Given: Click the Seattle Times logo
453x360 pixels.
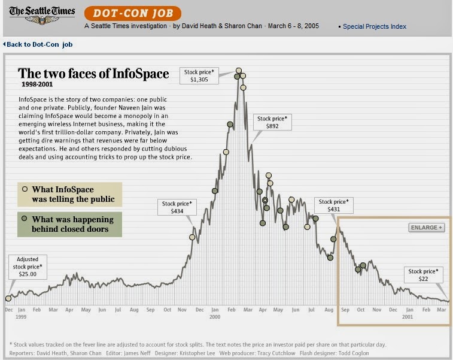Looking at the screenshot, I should coord(42,14).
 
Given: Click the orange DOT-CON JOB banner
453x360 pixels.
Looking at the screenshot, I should coord(132,13).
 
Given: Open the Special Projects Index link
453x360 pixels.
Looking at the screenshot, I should coord(374,26).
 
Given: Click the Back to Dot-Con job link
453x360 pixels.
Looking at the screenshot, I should coord(39,44).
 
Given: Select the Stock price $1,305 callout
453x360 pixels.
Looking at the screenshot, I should coord(199,75).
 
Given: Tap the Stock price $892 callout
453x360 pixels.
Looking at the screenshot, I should coord(272,122).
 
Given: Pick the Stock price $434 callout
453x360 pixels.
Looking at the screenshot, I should coord(177,207).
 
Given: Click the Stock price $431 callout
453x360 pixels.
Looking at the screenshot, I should coord(334,205).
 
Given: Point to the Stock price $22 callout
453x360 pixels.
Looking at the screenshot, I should coord(424,275).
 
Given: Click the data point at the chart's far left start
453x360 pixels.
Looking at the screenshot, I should coord(8,298).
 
